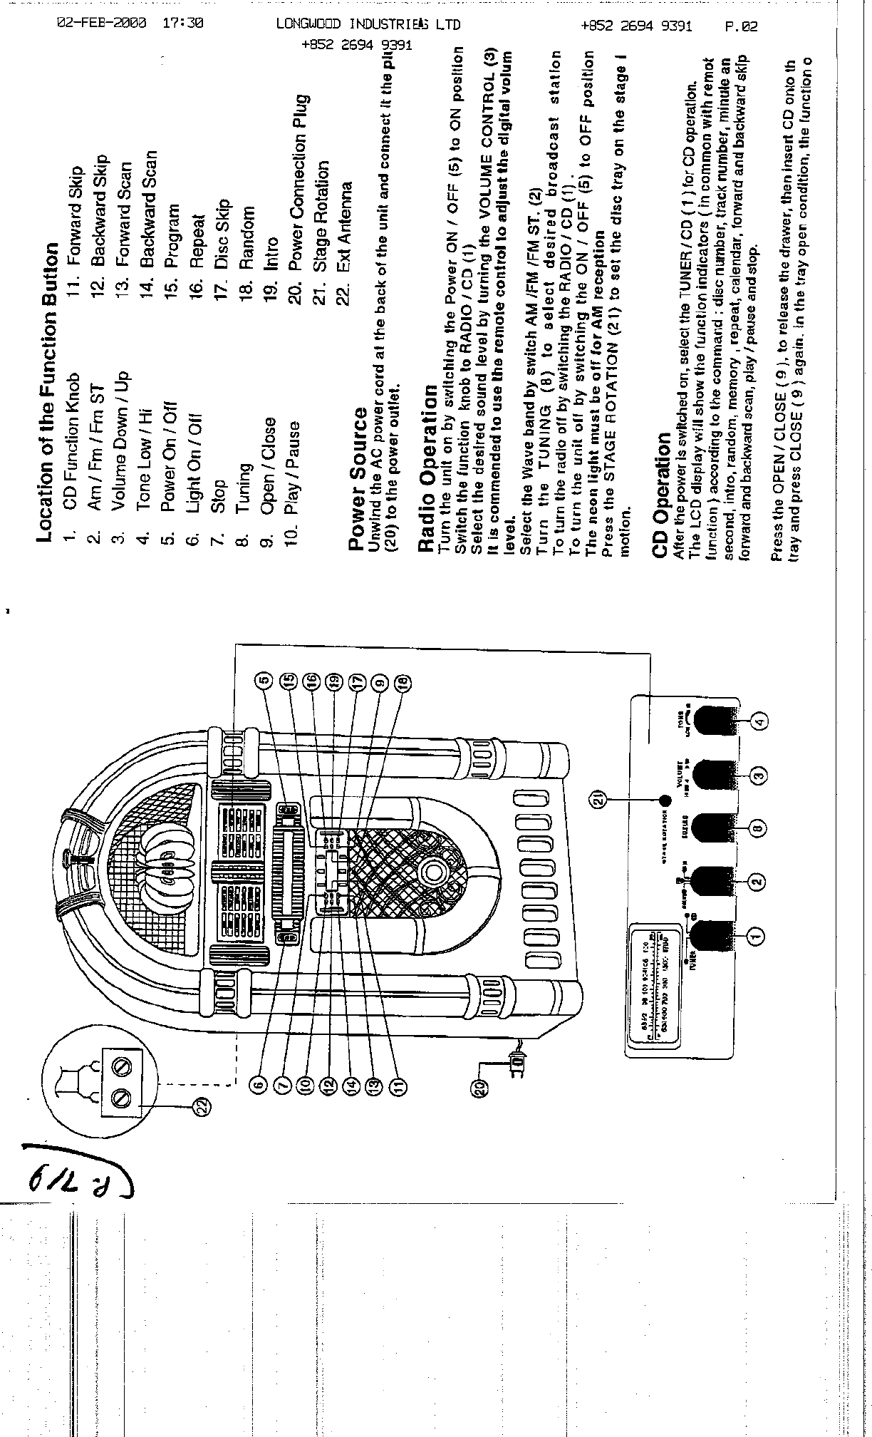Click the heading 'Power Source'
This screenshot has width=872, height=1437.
358,479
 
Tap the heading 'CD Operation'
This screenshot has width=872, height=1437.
662,495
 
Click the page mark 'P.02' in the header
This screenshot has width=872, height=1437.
741,27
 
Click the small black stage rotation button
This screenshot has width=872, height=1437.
665,800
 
